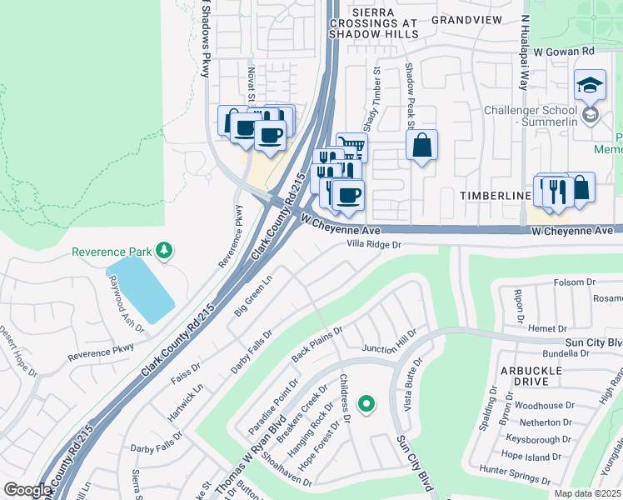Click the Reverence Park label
(x=113, y=252)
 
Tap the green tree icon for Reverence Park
(x=165, y=251)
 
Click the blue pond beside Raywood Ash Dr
(x=140, y=288)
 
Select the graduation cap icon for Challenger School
(x=590, y=85)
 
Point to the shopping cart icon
(x=353, y=147)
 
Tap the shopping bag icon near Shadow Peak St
(x=422, y=145)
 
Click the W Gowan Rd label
(x=564, y=51)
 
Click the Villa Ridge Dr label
(x=374, y=245)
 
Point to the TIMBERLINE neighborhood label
(x=496, y=195)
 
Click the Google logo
(x=27, y=490)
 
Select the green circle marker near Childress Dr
(x=365, y=404)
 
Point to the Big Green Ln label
(x=253, y=297)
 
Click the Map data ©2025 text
(x=587, y=493)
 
